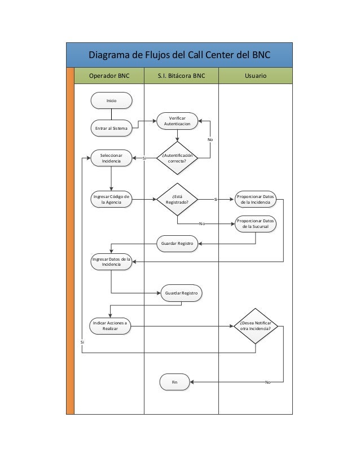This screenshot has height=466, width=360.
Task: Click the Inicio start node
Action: (x=111, y=100)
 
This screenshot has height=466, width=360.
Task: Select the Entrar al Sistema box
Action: (x=111, y=128)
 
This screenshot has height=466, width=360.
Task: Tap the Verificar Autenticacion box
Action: (x=177, y=120)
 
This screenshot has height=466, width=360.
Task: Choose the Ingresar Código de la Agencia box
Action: (x=111, y=199)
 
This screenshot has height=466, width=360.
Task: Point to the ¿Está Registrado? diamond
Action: (x=177, y=199)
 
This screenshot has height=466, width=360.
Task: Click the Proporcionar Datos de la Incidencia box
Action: (x=256, y=199)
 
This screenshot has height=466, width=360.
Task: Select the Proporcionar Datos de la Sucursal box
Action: (x=256, y=223)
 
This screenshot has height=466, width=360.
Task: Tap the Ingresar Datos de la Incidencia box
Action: (x=111, y=262)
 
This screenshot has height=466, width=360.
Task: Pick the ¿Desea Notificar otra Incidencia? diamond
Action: (x=256, y=326)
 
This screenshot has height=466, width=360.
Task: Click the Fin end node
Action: (x=175, y=382)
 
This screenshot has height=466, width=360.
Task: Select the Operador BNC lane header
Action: (x=109, y=75)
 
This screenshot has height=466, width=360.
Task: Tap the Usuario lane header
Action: (x=256, y=75)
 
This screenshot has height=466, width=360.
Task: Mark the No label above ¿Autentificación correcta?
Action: (x=210, y=139)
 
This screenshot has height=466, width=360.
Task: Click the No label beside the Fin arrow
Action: (x=268, y=383)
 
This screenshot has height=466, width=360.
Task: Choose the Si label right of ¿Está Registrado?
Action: (x=216, y=199)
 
